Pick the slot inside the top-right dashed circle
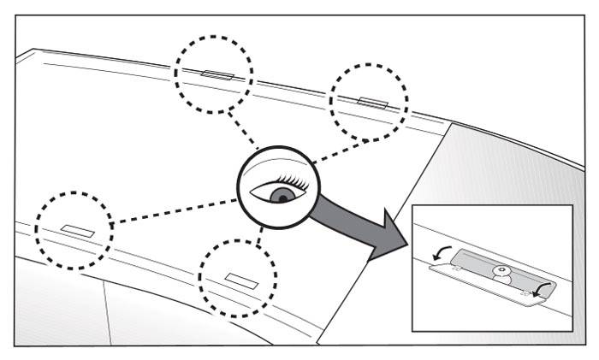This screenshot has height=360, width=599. coord(372,103)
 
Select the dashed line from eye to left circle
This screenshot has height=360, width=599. coord(171,211)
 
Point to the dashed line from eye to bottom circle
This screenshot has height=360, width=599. coord(260,239)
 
